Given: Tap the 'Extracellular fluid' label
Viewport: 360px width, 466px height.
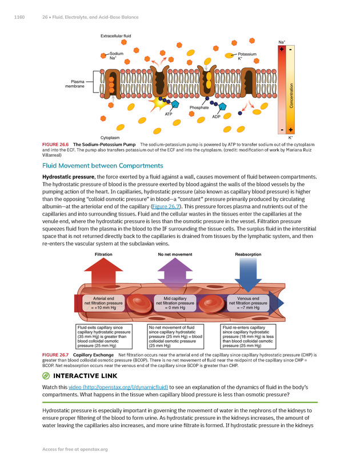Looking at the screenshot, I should pos(116,37).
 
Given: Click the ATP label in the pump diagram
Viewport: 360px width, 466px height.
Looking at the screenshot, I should pos(169,114).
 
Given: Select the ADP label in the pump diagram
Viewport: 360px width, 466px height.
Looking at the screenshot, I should pos(217,117).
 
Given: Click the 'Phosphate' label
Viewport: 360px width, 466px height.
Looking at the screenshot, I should pos(199,107).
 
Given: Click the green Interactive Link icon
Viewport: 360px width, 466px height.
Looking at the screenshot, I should pos(46,376).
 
